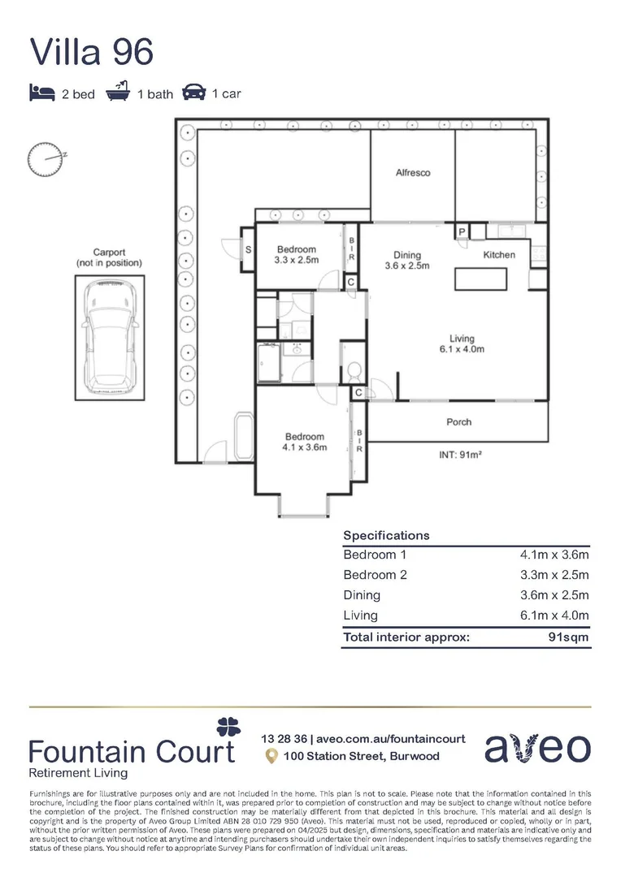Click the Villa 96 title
pos(91,51)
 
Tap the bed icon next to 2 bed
pos(41,93)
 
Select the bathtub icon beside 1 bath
pos(119,93)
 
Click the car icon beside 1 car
pos(193,93)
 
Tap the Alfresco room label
pos(412,173)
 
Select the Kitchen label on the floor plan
pos(499,254)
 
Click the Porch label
pos(458,421)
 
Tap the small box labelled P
pos(461,232)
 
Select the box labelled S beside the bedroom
pos(247,250)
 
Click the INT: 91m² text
pos(460,456)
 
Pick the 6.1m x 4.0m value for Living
pos(554,616)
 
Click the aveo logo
pos(538,748)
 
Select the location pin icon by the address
pos(271,756)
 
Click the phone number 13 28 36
pos(283,738)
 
